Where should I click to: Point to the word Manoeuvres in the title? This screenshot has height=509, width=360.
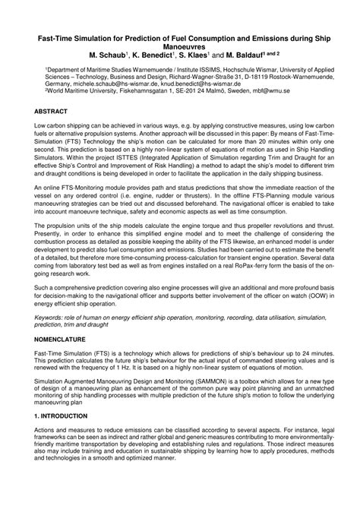[180, 45]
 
